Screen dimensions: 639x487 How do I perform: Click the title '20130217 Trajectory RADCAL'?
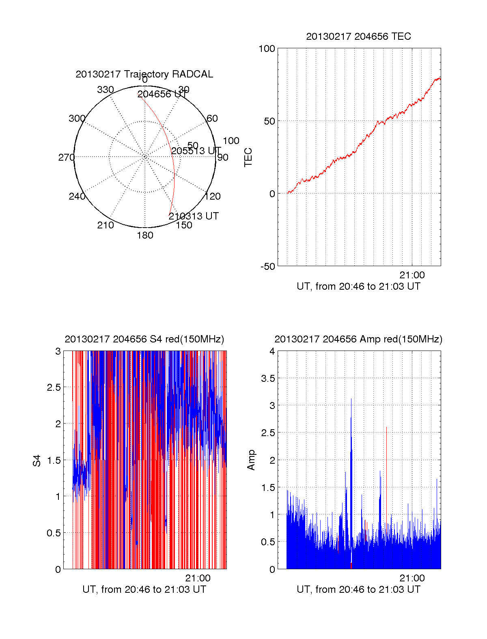[x=144, y=74]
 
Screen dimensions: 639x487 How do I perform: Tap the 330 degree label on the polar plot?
[x=105, y=90]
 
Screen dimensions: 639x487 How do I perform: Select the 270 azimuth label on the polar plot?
[x=66, y=157]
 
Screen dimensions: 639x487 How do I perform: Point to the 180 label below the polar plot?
[x=145, y=235]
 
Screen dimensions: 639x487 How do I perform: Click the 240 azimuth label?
[x=77, y=196]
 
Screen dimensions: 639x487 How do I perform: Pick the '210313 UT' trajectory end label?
[x=194, y=216]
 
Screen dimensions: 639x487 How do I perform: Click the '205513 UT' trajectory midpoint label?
[x=196, y=151]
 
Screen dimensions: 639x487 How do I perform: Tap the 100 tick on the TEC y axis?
[x=267, y=49]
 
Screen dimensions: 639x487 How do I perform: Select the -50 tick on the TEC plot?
[x=267, y=267]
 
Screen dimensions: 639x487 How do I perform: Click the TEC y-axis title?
[x=248, y=157]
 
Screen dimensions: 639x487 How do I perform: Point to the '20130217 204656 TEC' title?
[x=358, y=37]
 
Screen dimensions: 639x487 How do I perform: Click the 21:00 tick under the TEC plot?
[x=412, y=275]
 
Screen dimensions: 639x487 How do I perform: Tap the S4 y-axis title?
[x=37, y=460]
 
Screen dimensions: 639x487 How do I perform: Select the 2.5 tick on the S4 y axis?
[x=54, y=387]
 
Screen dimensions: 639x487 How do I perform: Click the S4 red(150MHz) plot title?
[x=144, y=339]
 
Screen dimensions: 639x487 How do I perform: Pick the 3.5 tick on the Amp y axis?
[x=268, y=379]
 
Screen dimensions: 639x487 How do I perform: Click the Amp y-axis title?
[x=251, y=460]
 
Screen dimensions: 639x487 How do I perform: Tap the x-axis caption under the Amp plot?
[x=358, y=590]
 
